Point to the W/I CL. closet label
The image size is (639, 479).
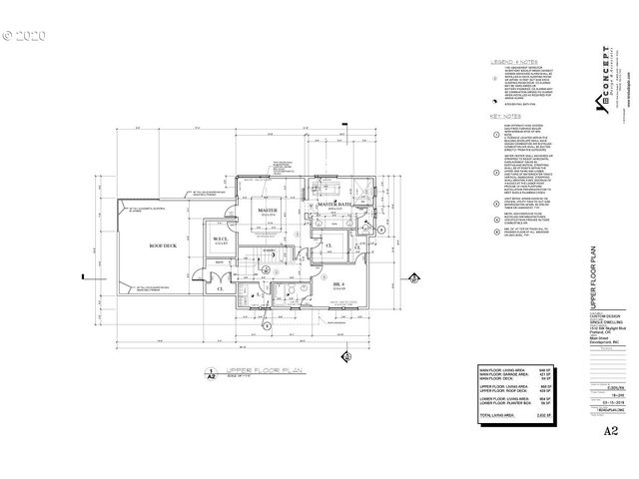coord(220,240)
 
